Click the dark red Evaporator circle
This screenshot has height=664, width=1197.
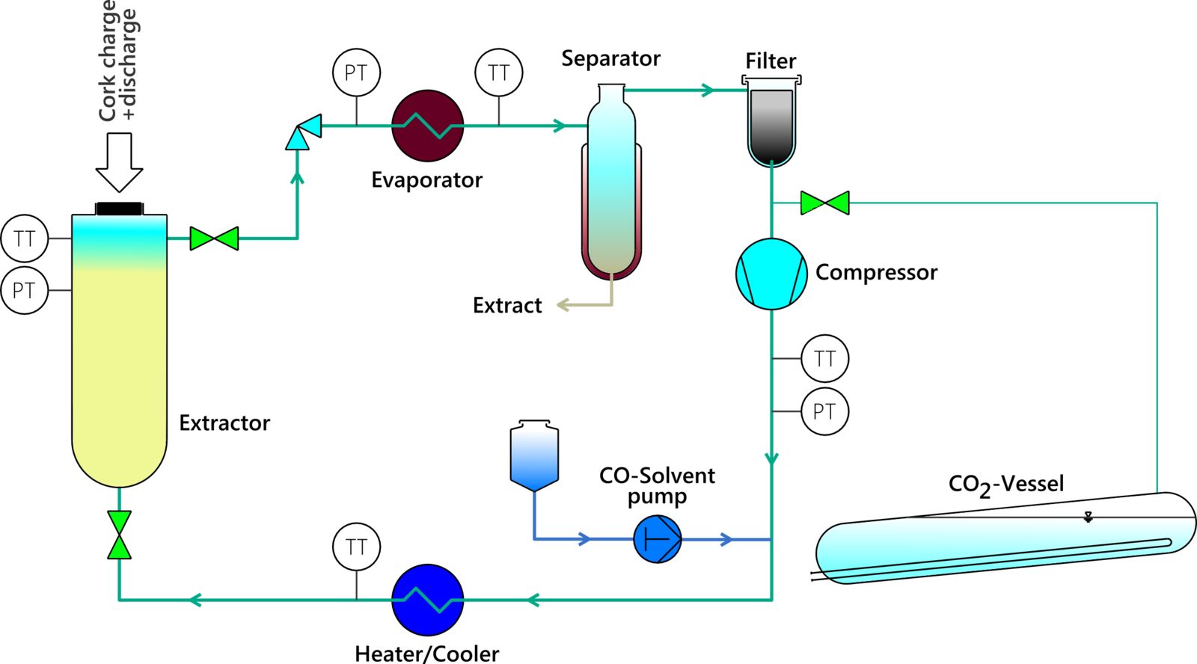point(428,126)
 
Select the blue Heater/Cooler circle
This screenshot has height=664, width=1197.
point(428,600)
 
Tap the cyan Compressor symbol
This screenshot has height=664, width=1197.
point(771,274)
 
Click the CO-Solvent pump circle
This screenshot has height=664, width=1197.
point(658,539)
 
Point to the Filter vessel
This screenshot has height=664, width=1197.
point(771,123)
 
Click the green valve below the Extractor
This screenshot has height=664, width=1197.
point(119,535)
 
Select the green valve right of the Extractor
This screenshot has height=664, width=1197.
point(214,239)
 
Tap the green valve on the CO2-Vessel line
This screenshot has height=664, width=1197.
point(824,203)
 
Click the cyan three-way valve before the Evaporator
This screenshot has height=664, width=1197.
point(303,132)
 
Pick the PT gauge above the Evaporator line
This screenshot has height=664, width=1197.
point(356,73)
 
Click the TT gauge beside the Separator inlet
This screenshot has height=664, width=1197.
point(498,73)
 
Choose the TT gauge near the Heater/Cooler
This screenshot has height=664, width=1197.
point(356,547)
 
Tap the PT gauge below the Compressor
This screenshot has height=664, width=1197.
point(824,411)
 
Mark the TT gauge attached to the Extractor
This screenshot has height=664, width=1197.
point(25,239)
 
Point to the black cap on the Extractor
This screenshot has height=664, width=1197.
point(119,209)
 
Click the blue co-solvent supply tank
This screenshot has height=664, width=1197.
point(534,456)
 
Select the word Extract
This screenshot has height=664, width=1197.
point(507,305)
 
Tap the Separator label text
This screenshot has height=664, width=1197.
point(610,58)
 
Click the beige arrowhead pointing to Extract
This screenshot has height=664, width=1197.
point(563,305)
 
